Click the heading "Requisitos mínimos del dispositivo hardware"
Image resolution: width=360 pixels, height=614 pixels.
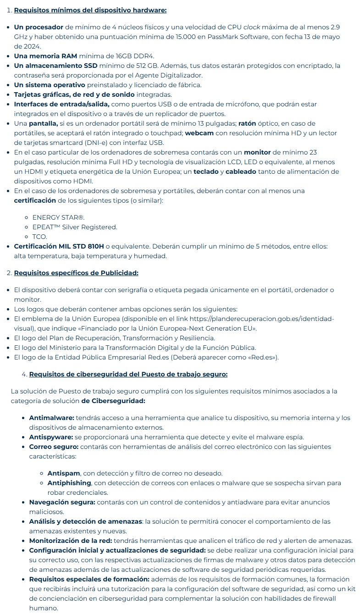coord(90,10)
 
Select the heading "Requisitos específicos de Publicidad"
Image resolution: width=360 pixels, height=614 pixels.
coord(76,273)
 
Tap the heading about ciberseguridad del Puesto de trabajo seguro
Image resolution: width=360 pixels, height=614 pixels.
coord(128,374)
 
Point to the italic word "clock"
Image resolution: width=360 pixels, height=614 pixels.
coord(252,27)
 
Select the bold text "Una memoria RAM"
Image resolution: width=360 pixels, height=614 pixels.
coord(45,56)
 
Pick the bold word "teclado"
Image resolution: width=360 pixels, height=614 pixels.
coord(206,171)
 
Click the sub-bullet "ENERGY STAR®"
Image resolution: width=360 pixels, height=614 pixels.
coord(58,217)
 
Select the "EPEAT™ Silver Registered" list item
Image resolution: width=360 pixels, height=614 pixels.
coord(75,227)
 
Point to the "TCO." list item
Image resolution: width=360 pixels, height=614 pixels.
coord(40,237)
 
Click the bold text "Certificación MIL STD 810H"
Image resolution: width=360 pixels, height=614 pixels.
coord(59,246)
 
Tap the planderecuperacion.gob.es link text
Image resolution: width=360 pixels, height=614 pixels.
coord(261,319)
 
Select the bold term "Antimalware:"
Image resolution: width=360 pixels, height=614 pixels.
coord(51,418)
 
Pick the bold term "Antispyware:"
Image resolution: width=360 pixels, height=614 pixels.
coord(51,437)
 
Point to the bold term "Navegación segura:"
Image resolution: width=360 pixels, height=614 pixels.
coord(62,502)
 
